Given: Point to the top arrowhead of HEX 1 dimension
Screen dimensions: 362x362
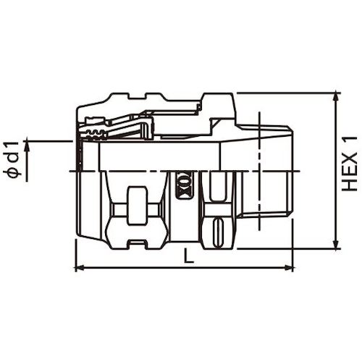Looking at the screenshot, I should click(x=334, y=97).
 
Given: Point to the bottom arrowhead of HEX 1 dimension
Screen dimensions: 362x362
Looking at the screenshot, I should click(x=334, y=244).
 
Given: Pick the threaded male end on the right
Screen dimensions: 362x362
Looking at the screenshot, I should click(x=275, y=170).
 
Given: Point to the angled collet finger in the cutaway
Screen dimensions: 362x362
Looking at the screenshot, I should click(x=130, y=130).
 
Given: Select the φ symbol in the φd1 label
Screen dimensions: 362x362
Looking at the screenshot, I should click(x=15, y=174).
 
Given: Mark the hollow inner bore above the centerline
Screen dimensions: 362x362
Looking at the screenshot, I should click(x=159, y=156).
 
